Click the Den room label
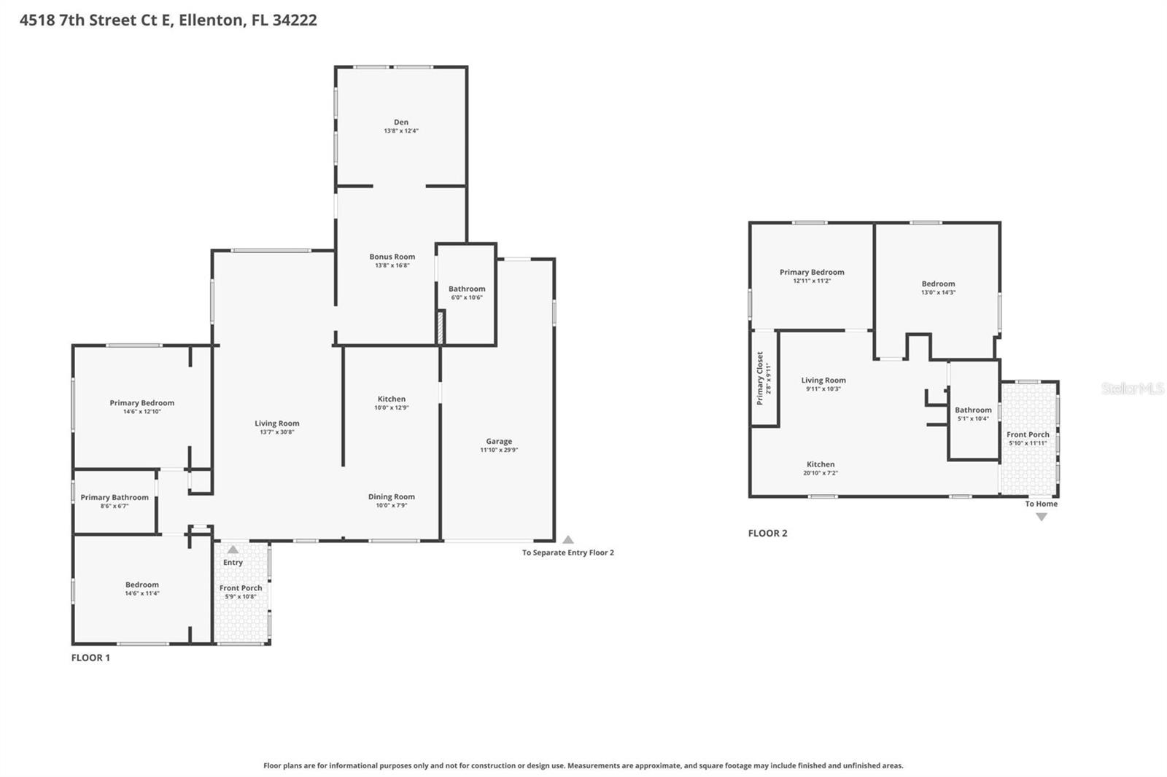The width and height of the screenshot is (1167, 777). [x=401, y=122]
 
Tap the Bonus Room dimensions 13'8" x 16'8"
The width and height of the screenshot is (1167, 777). [x=392, y=265]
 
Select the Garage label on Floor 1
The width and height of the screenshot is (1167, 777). [x=499, y=441]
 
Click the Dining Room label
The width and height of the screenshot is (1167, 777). [x=391, y=496]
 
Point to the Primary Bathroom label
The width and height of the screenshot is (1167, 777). [x=115, y=497]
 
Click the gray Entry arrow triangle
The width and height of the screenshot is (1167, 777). [x=233, y=550]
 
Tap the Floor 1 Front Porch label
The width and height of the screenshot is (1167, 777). [x=241, y=587]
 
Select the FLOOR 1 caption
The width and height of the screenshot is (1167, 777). [x=90, y=657]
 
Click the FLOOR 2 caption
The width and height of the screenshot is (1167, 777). [x=767, y=533]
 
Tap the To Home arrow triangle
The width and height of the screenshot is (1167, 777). [x=1042, y=517]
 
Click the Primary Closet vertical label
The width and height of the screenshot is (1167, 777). [x=759, y=378]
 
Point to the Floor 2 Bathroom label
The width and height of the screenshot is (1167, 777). [x=973, y=410]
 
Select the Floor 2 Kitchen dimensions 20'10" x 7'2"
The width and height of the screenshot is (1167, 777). [x=821, y=473]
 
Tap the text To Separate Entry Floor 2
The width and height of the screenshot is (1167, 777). [x=567, y=553]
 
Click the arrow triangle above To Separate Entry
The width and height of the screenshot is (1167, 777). [x=568, y=539]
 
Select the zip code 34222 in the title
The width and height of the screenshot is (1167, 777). [x=295, y=20]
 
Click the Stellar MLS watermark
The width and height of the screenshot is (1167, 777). [x=1132, y=388]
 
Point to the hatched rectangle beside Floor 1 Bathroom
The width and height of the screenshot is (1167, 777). [x=440, y=327]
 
